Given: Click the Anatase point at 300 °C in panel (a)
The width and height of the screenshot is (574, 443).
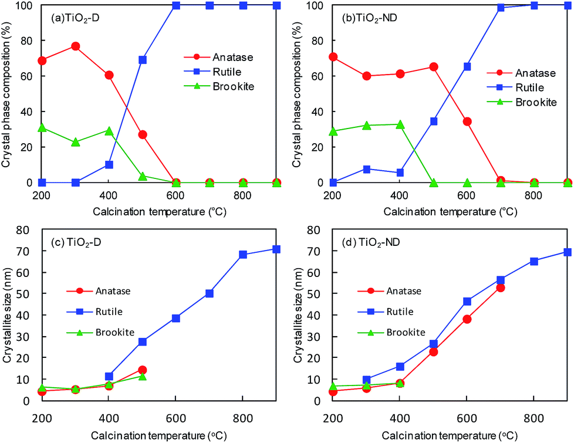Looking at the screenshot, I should click(75, 46).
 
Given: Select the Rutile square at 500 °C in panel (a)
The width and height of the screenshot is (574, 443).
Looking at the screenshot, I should click(142, 60).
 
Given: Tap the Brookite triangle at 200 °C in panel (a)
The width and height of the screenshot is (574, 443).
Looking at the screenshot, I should click(42, 127).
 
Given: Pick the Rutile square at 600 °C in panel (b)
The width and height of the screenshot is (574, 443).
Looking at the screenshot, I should click(352, 67).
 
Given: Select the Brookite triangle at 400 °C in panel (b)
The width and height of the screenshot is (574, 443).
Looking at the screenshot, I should click(400, 124).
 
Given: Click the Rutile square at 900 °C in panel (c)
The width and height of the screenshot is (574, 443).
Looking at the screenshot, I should click(276, 249).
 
